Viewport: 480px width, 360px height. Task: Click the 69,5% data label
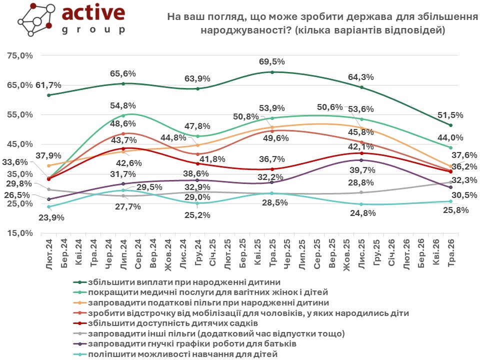[272, 61]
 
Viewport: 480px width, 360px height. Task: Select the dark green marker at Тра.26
[450, 125]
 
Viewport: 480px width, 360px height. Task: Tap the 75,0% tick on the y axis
[20, 55]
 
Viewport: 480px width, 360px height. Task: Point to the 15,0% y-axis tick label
[20, 233]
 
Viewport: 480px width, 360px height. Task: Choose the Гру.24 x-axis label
[198, 252]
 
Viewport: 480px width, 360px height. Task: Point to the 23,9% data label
[51, 217]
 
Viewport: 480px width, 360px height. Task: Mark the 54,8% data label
[123, 105]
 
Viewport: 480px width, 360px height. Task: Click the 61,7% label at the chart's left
[48, 85]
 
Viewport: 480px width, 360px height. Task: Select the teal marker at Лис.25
[361, 204]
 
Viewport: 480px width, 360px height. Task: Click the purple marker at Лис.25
[361, 160]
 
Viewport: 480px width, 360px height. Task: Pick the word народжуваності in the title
[245, 30]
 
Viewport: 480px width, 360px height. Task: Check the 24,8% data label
[363, 213]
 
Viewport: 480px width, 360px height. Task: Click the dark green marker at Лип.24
[123, 83]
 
